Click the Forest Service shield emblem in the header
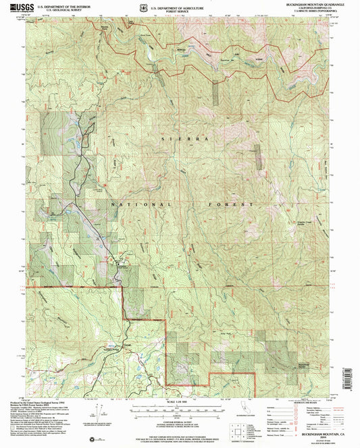pos(140,6)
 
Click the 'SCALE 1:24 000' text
pos(180,403)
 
